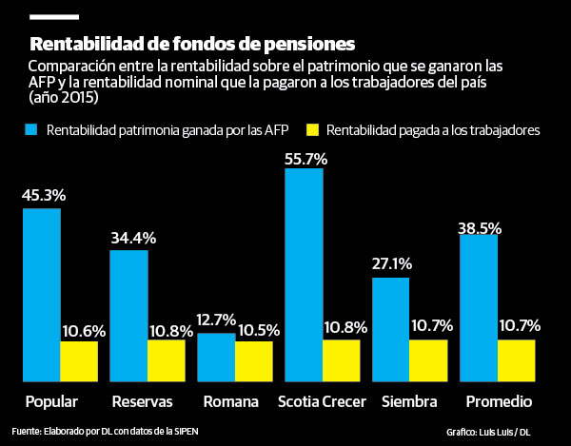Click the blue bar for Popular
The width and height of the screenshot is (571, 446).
pos(41,294)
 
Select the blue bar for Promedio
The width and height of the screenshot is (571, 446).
pos(479,307)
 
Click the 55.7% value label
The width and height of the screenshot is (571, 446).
pos(305,161)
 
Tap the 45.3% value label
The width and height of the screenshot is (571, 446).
pos(43,197)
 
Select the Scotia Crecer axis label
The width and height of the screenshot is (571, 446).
pos(322,400)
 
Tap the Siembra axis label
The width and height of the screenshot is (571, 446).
pos(409,400)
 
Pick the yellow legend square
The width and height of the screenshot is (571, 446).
pos(311,129)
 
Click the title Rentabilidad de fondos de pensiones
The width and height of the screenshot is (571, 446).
pos(192,44)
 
